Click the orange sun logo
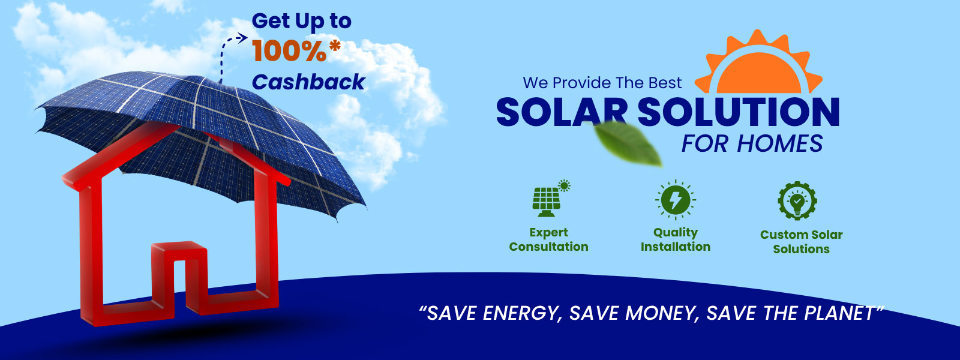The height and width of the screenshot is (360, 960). [758, 64]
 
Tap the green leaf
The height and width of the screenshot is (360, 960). [627, 143]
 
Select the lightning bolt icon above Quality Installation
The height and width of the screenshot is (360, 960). [676, 200]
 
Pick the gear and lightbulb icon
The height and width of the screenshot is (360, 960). [797, 200]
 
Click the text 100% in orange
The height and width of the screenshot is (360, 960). [289, 51]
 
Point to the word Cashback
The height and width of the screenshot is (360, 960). [308, 82]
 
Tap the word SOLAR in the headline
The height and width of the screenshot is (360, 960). [562, 112]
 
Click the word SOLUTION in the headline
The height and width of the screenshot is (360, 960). [739, 112]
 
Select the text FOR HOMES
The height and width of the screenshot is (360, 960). [752, 143]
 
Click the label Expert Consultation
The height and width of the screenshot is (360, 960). [548, 239]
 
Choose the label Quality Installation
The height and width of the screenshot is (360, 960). [676, 239]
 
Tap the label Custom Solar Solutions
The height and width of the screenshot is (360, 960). [802, 242]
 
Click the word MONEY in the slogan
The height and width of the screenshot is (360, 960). [662, 313]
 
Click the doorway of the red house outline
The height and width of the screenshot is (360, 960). [179, 278]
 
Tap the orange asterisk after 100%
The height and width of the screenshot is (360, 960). [335, 46]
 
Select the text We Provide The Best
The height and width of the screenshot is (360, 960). [602, 83]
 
